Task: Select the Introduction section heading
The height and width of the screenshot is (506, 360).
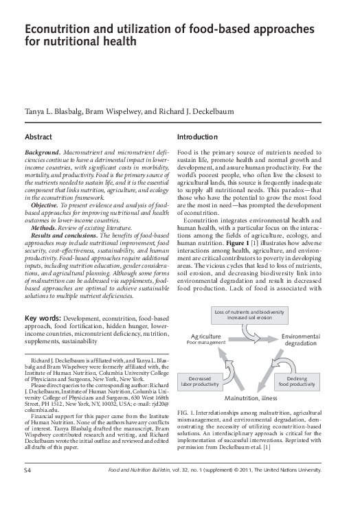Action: coord(197,137)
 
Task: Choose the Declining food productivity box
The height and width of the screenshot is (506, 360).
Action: coord(297,380)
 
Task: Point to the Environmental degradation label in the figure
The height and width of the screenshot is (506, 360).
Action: coord(301,339)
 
